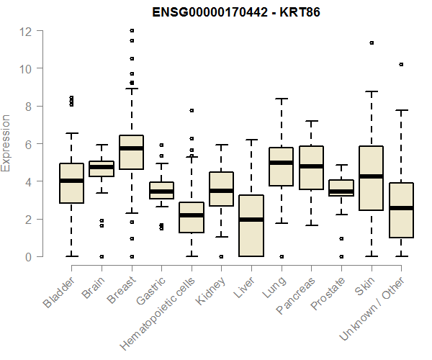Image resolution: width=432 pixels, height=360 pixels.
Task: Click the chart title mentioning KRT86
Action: pyautogui.click(x=236, y=12)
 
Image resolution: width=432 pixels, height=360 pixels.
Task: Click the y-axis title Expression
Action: pyautogui.click(x=6, y=143)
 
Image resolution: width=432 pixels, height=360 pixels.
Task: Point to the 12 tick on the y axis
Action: pyautogui.click(x=26, y=31)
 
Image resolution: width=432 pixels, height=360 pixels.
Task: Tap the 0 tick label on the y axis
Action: pyautogui.click(x=27, y=256)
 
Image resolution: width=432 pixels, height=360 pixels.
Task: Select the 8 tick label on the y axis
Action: pyautogui.click(x=27, y=107)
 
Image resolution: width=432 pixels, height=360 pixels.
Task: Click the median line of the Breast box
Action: pyautogui.click(x=131, y=148)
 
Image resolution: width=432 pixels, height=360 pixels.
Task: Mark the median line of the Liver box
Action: pyautogui.click(x=251, y=220)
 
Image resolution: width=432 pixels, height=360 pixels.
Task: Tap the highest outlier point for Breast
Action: pyautogui.click(x=131, y=31)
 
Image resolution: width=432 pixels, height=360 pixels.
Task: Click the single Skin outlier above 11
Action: pyautogui.click(x=372, y=43)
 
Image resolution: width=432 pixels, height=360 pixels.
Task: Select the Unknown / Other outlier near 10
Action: pyautogui.click(x=401, y=65)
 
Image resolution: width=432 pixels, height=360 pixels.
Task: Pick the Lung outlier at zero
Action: pyautogui.click(x=281, y=256)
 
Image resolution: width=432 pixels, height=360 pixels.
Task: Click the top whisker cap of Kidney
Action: pyautogui.click(x=221, y=145)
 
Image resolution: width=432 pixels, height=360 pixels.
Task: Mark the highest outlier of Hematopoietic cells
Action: pyautogui.click(x=191, y=111)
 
